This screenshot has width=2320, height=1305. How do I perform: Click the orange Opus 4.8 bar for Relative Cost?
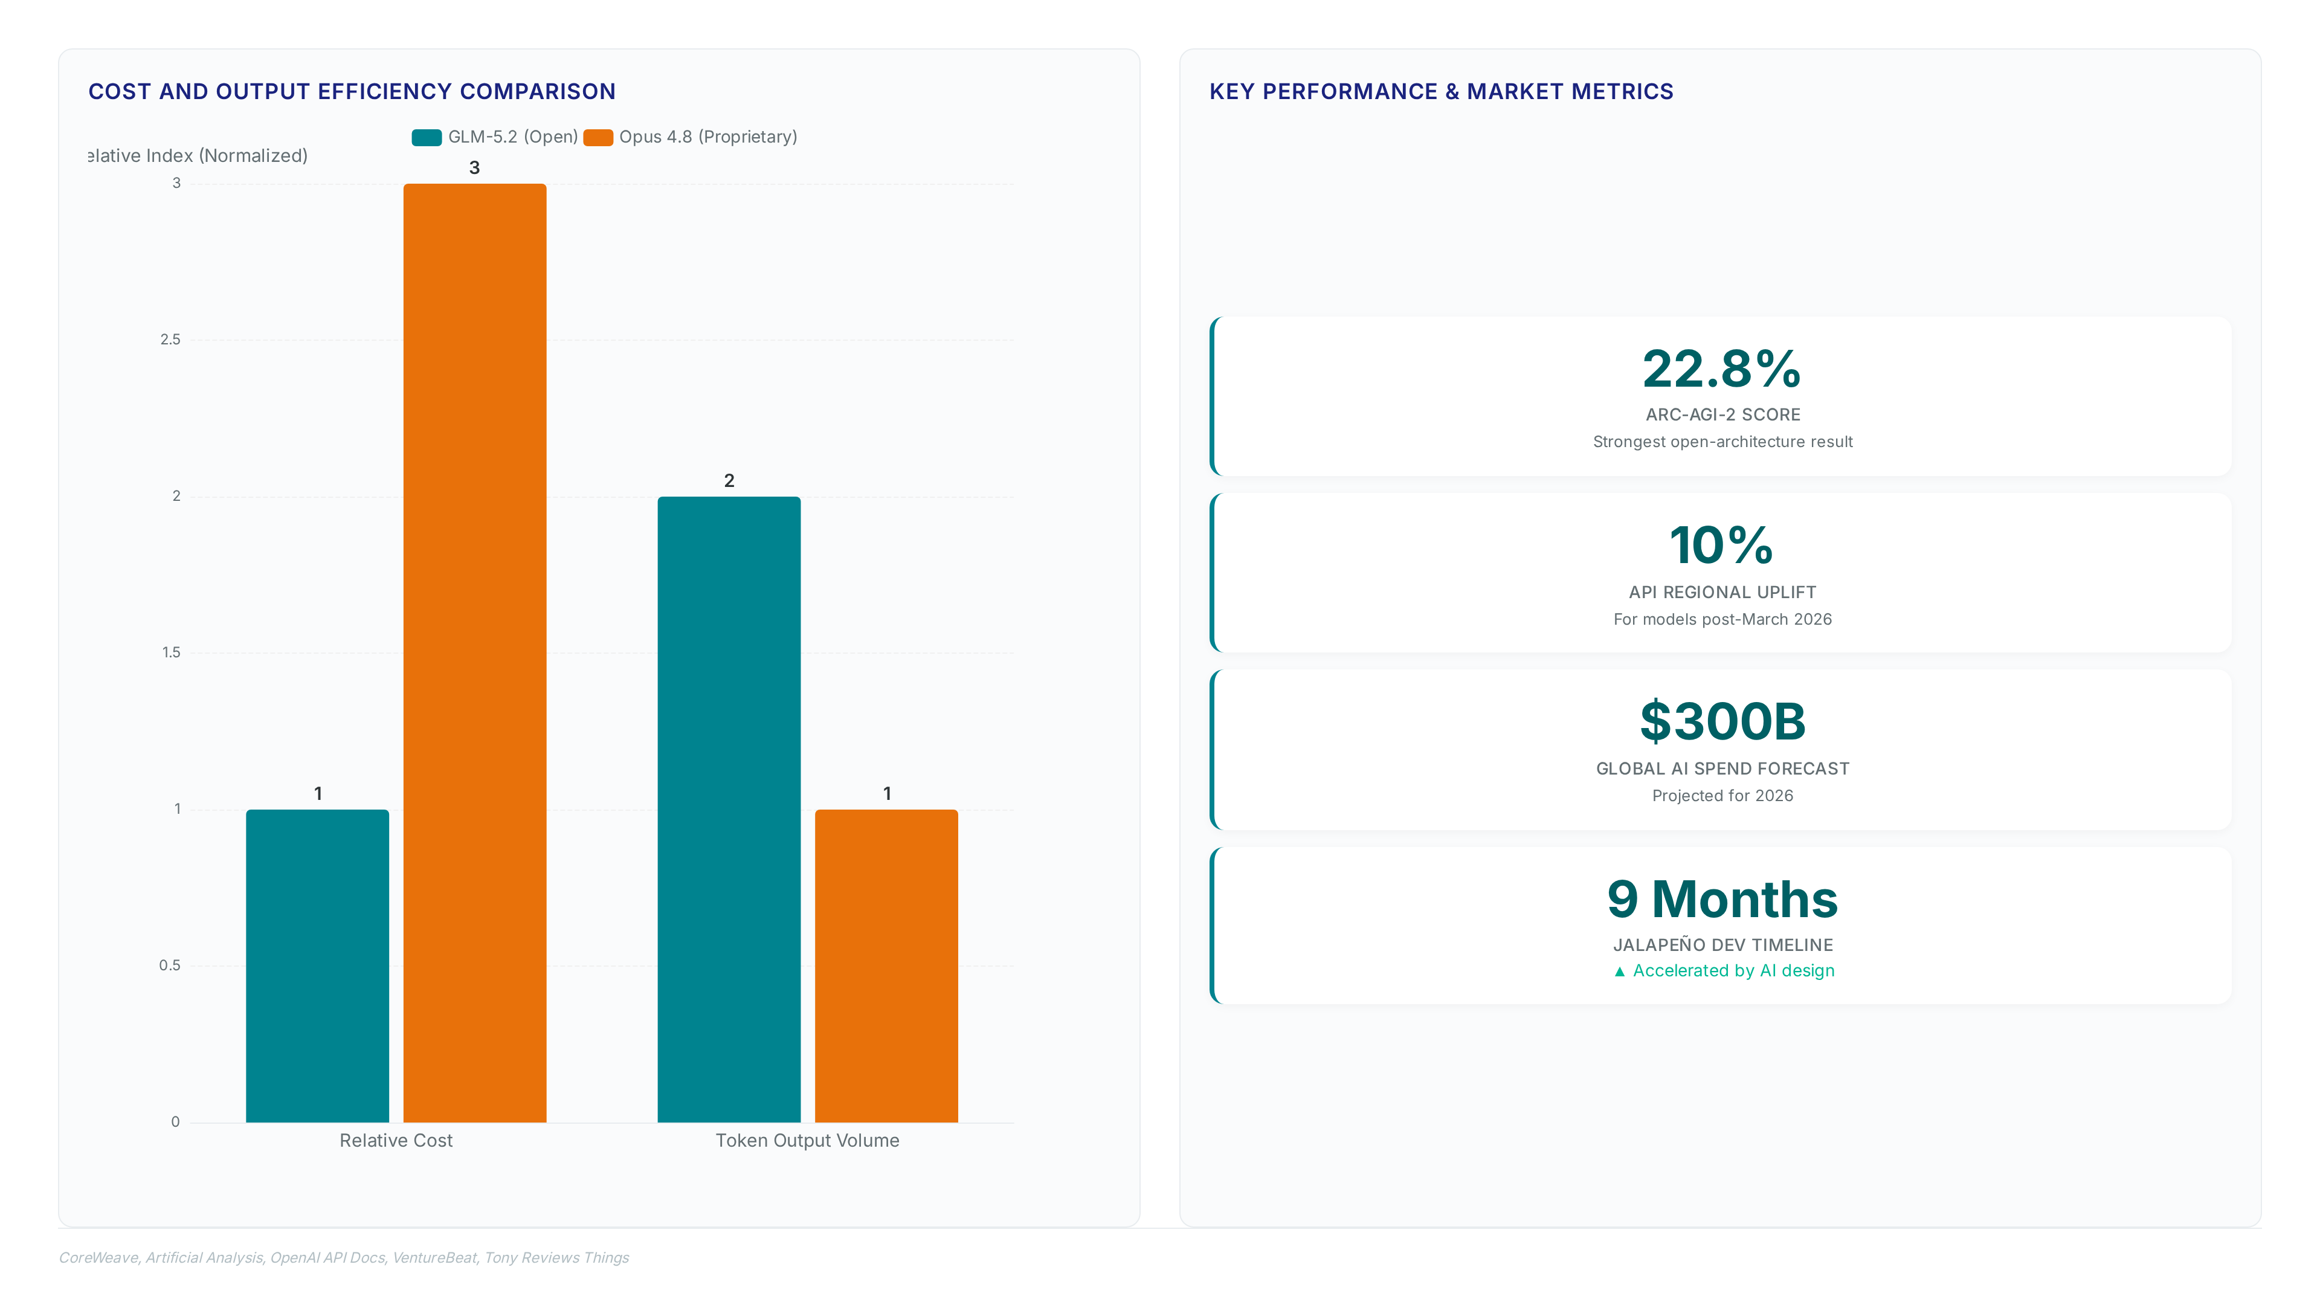pyautogui.click(x=475, y=653)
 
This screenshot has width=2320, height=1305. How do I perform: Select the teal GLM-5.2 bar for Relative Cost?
pyautogui.click(x=317, y=965)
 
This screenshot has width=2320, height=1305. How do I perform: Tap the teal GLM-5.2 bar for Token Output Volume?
pyautogui.click(x=729, y=809)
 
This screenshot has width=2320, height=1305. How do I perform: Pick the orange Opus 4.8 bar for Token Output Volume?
pyautogui.click(x=886, y=965)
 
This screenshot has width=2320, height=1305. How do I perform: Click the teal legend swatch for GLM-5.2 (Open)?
pyautogui.click(x=427, y=137)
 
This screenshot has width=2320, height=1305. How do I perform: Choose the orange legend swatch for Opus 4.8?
pyautogui.click(x=598, y=137)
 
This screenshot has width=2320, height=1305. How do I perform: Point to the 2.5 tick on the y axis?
pyautogui.click(x=170, y=340)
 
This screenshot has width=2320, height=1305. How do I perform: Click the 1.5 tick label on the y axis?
pyautogui.click(x=171, y=652)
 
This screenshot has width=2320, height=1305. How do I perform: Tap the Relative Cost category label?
pyautogui.click(x=396, y=1140)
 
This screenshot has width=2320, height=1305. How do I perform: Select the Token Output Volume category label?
pyautogui.click(x=808, y=1140)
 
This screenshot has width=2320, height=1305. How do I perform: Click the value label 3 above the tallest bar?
pyautogui.click(x=475, y=167)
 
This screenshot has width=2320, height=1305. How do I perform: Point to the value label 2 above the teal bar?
pyautogui.click(x=729, y=481)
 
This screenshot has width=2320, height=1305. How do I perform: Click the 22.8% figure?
pyautogui.click(x=1722, y=369)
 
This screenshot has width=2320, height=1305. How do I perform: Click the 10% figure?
pyautogui.click(x=1722, y=546)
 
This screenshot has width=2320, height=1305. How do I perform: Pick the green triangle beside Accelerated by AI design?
pyautogui.click(x=1619, y=971)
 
